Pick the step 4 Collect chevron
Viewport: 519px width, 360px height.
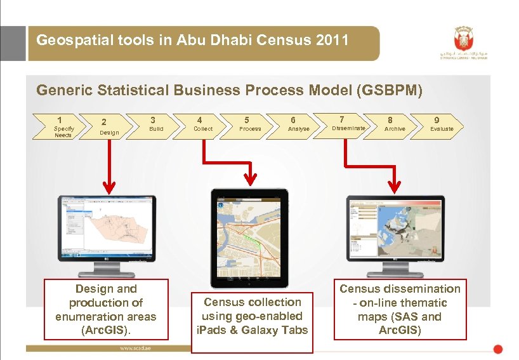202,124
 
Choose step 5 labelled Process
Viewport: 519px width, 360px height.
249,124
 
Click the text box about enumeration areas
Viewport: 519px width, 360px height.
107,309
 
